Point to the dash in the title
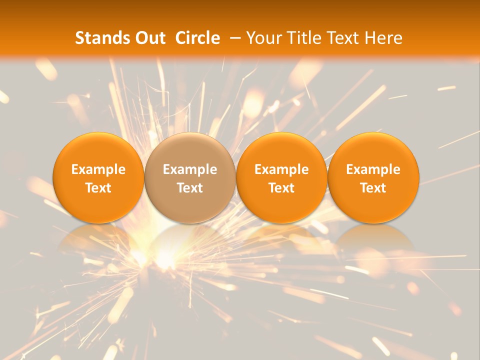[235, 38]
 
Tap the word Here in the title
[383, 38]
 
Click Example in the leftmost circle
[98, 169]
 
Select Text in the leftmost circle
[98, 188]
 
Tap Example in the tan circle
[190, 169]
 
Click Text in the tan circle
[190, 188]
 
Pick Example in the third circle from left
[281, 169]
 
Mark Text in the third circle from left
[281, 188]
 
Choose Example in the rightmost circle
[373, 169]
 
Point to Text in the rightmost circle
[373, 188]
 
